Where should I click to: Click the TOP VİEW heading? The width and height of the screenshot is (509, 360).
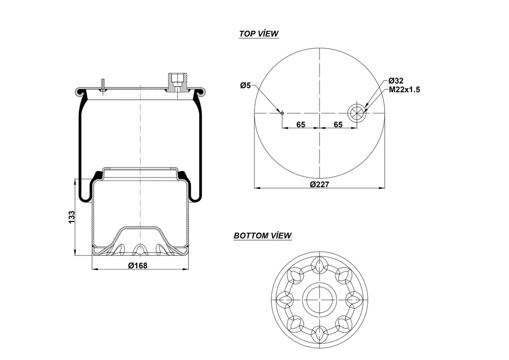tap(258, 34)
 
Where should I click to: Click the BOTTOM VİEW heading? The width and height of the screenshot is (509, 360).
tap(262, 236)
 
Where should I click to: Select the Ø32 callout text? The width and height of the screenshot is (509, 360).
tap(396, 81)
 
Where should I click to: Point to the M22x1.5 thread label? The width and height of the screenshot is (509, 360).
tap(405, 90)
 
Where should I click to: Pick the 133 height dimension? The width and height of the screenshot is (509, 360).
tap(72, 217)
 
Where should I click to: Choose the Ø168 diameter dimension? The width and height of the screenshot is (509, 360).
tap(138, 266)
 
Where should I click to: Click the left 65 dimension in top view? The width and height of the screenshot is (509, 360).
tap(301, 124)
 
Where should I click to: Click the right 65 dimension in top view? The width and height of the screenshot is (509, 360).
tap(338, 124)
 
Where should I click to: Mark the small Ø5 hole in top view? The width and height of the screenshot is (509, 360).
tap(282, 113)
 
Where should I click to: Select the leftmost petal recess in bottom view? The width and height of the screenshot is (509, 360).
tap(284, 299)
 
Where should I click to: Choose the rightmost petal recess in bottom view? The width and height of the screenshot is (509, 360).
tap(355, 299)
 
